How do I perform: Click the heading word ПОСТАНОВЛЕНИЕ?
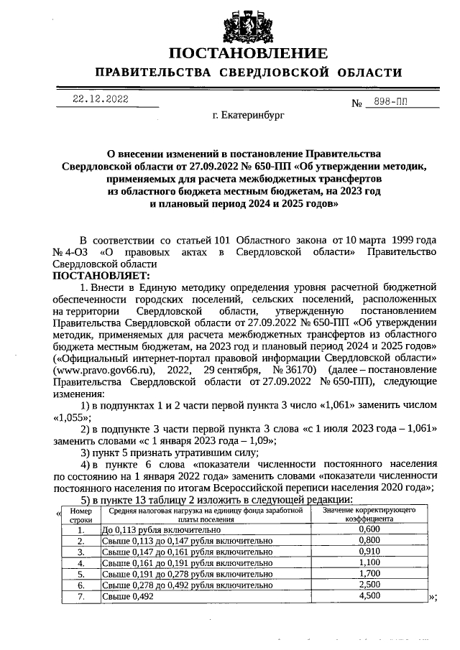pyautogui.click(x=248, y=54)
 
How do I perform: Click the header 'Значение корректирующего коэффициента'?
pyautogui.click(x=367, y=514)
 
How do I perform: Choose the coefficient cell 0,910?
pyautogui.click(x=368, y=552)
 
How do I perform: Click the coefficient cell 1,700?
pyautogui.click(x=368, y=574)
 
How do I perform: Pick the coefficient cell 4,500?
pyautogui.click(x=368, y=596)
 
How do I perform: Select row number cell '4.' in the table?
pyautogui.click(x=80, y=563)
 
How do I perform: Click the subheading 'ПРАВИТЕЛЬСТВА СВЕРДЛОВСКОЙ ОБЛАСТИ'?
pyautogui.click(x=248, y=73)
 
